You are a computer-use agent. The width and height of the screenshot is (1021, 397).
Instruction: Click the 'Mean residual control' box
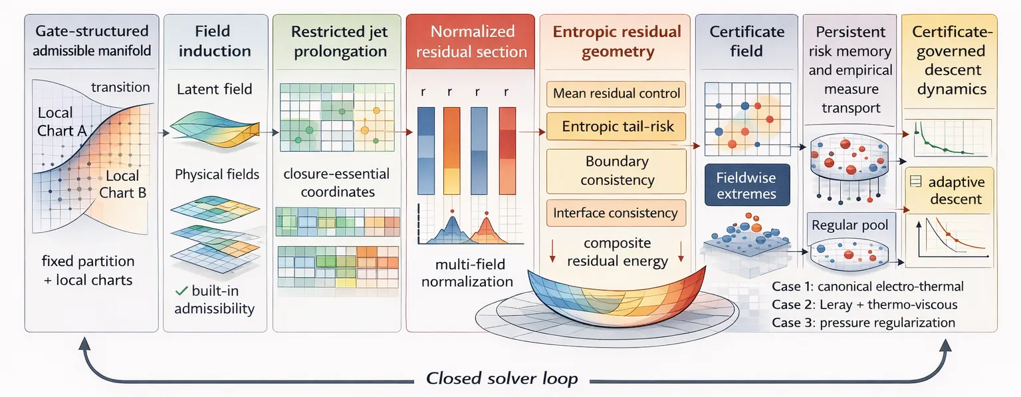pyautogui.click(x=617, y=94)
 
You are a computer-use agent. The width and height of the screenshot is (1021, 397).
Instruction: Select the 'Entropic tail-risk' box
pyautogui.click(x=617, y=126)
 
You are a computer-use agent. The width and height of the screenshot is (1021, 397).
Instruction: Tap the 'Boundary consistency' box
pyautogui.click(x=617, y=171)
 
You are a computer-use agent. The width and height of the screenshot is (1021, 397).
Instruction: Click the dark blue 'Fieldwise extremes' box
pyautogui.click(x=746, y=185)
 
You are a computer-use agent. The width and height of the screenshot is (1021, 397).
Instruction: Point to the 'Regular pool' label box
pyautogui.click(x=850, y=225)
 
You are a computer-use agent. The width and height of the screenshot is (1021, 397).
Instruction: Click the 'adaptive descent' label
pyautogui.click(x=956, y=190)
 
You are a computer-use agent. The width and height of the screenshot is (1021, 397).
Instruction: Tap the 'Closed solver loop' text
pyautogui.click(x=502, y=379)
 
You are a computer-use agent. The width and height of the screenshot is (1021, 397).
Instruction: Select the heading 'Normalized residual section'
pyautogui.click(x=471, y=41)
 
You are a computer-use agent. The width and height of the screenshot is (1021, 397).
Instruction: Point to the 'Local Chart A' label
pyautogui.click(x=61, y=122)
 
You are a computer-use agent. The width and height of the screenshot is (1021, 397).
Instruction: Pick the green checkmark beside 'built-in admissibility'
pyautogui.click(x=179, y=291)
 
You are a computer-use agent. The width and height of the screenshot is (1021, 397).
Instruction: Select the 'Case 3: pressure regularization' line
pyautogui.click(x=863, y=323)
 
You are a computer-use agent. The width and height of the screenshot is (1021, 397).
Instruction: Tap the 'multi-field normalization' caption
pyautogui.click(x=467, y=272)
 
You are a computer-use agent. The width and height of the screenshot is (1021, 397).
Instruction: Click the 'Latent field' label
pyautogui.click(x=214, y=89)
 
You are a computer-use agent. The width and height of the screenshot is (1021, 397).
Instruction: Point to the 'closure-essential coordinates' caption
pyautogui.click(x=336, y=183)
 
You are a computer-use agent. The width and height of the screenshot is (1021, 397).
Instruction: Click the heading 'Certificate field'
pyautogui.click(x=746, y=41)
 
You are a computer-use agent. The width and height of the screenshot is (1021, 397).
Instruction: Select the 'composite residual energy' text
pyautogui.click(x=617, y=252)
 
